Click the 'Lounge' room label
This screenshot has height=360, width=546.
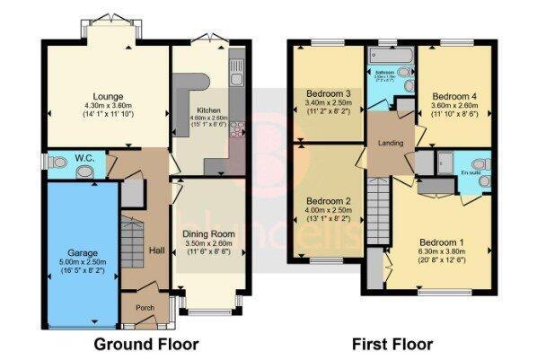[x=107, y=96]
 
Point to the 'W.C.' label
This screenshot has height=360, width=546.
[x=85, y=159]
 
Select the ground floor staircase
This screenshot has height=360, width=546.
[x=132, y=243]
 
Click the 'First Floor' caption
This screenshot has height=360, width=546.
[x=392, y=344]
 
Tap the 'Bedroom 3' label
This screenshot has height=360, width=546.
[x=328, y=93]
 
